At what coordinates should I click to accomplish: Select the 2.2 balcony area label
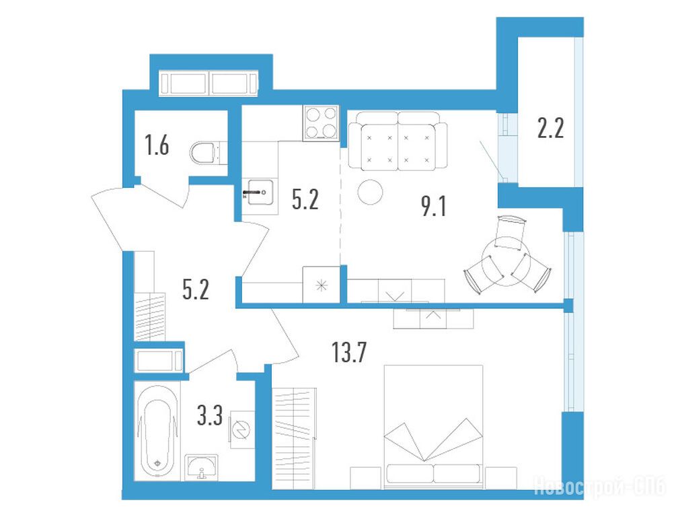[x=550, y=128]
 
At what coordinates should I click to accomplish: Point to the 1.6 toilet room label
[x=157, y=145]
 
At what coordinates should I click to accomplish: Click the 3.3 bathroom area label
[x=210, y=415]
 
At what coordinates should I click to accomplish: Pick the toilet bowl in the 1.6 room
[x=205, y=153]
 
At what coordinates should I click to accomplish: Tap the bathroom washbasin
[x=201, y=467]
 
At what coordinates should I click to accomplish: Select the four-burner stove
[x=321, y=123]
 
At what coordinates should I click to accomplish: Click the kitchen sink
[x=258, y=193]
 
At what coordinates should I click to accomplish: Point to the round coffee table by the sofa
[x=370, y=192]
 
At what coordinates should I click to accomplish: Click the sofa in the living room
[x=398, y=141]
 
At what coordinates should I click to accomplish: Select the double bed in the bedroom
[x=433, y=427]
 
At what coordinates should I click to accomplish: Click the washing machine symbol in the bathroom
[x=242, y=429]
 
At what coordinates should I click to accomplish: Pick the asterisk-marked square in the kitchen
[x=322, y=285]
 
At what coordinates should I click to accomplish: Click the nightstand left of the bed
[x=366, y=478]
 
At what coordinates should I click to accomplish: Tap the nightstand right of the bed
[x=501, y=478]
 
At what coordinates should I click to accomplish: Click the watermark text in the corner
[x=600, y=486]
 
